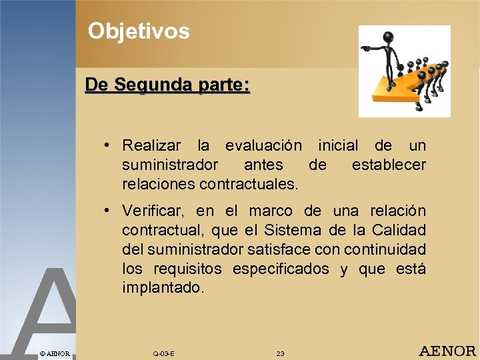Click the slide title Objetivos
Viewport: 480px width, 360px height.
tap(139, 31)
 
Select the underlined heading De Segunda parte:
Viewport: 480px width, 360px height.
tap(167, 86)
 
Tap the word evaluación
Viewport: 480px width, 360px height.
tap(263, 146)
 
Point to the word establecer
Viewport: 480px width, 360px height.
tap(389, 164)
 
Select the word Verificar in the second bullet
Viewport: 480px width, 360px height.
tap(153, 211)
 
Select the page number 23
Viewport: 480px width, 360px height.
tap(280, 353)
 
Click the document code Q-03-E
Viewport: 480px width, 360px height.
tap(163, 353)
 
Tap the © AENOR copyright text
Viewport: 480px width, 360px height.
tap(54, 353)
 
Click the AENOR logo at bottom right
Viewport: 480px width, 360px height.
tap(447, 351)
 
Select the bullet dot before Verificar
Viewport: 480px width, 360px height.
tap(107, 211)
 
